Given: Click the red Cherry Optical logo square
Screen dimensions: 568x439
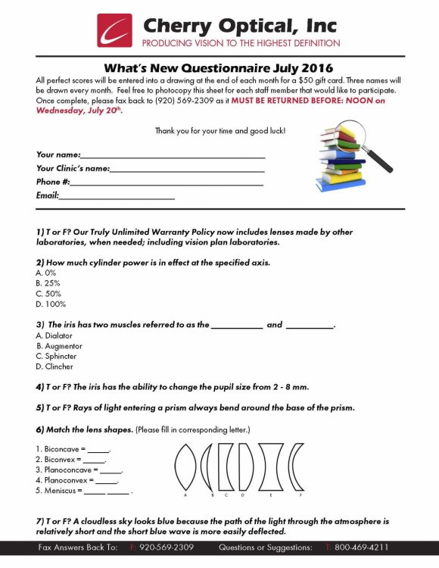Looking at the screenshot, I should tap(114, 30).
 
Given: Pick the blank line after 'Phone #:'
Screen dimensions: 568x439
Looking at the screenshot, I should tap(167, 183).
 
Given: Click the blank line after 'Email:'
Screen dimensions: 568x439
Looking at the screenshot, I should tap(117, 197).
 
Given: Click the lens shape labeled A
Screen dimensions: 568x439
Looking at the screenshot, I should tap(185, 464).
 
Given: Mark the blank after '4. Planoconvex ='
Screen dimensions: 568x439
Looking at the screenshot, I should tap(107, 480).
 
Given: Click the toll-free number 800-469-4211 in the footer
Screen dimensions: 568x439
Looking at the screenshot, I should tap(362, 547).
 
